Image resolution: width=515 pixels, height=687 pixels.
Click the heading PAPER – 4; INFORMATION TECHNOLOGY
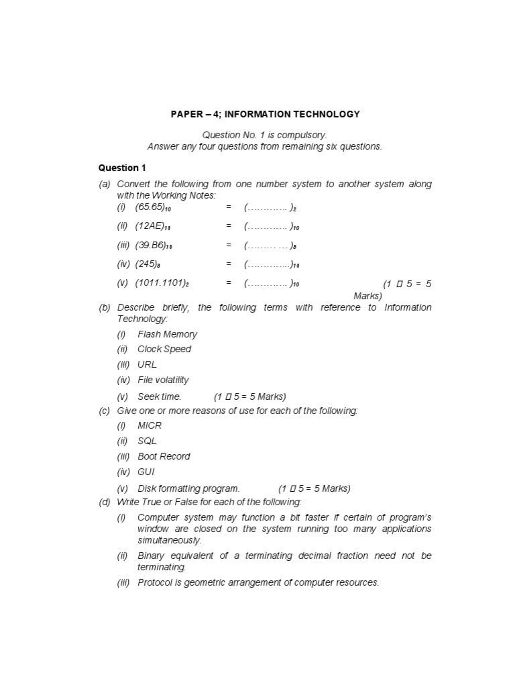coord(265,114)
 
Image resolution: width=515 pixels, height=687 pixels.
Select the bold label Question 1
coord(122,168)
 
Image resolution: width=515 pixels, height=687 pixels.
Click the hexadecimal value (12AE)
coord(151,226)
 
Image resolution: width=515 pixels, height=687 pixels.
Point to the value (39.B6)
coord(152,246)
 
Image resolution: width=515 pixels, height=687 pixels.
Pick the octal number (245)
coord(148,264)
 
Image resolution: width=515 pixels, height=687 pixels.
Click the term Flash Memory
coord(167,334)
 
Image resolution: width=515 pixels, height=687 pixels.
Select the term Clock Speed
coord(164,349)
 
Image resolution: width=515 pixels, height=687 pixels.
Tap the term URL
coord(147,364)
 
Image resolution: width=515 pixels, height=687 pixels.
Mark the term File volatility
coord(163,380)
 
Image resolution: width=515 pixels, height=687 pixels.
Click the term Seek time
coord(159,396)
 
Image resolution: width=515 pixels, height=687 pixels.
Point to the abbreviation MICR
coord(150,425)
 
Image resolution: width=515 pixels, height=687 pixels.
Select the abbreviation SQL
coord(147,441)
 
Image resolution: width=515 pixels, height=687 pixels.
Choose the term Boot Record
coord(164,456)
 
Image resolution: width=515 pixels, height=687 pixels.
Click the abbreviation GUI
coord(146,472)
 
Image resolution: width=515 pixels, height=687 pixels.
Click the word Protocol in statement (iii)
coord(155,582)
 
